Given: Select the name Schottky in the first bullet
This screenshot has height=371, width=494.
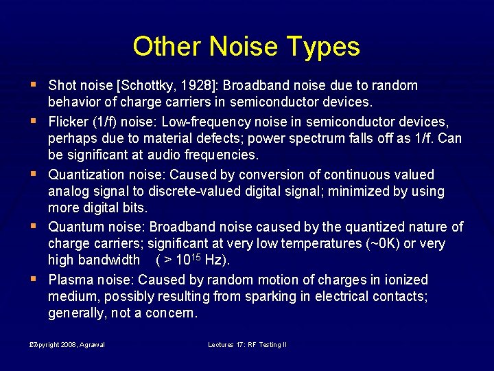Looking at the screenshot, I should pyautogui.click(x=150, y=86).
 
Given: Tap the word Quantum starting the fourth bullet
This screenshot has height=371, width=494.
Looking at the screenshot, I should pyautogui.click(x=75, y=227).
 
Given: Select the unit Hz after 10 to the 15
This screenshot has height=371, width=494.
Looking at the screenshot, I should pyautogui.click(x=214, y=261).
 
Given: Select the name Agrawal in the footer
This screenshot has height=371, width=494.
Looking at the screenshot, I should pyautogui.click(x=91, y=345).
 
